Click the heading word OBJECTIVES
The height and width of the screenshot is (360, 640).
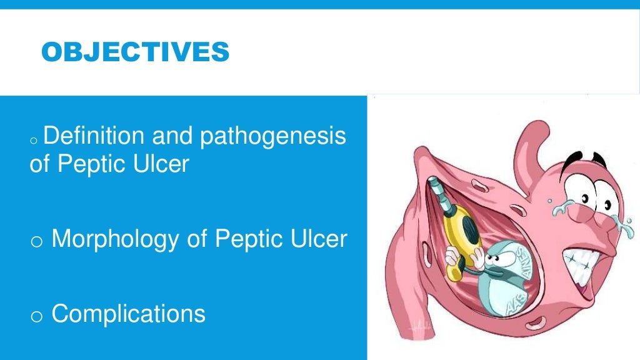coord(135,53)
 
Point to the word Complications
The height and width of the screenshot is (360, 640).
coord(128,313)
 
